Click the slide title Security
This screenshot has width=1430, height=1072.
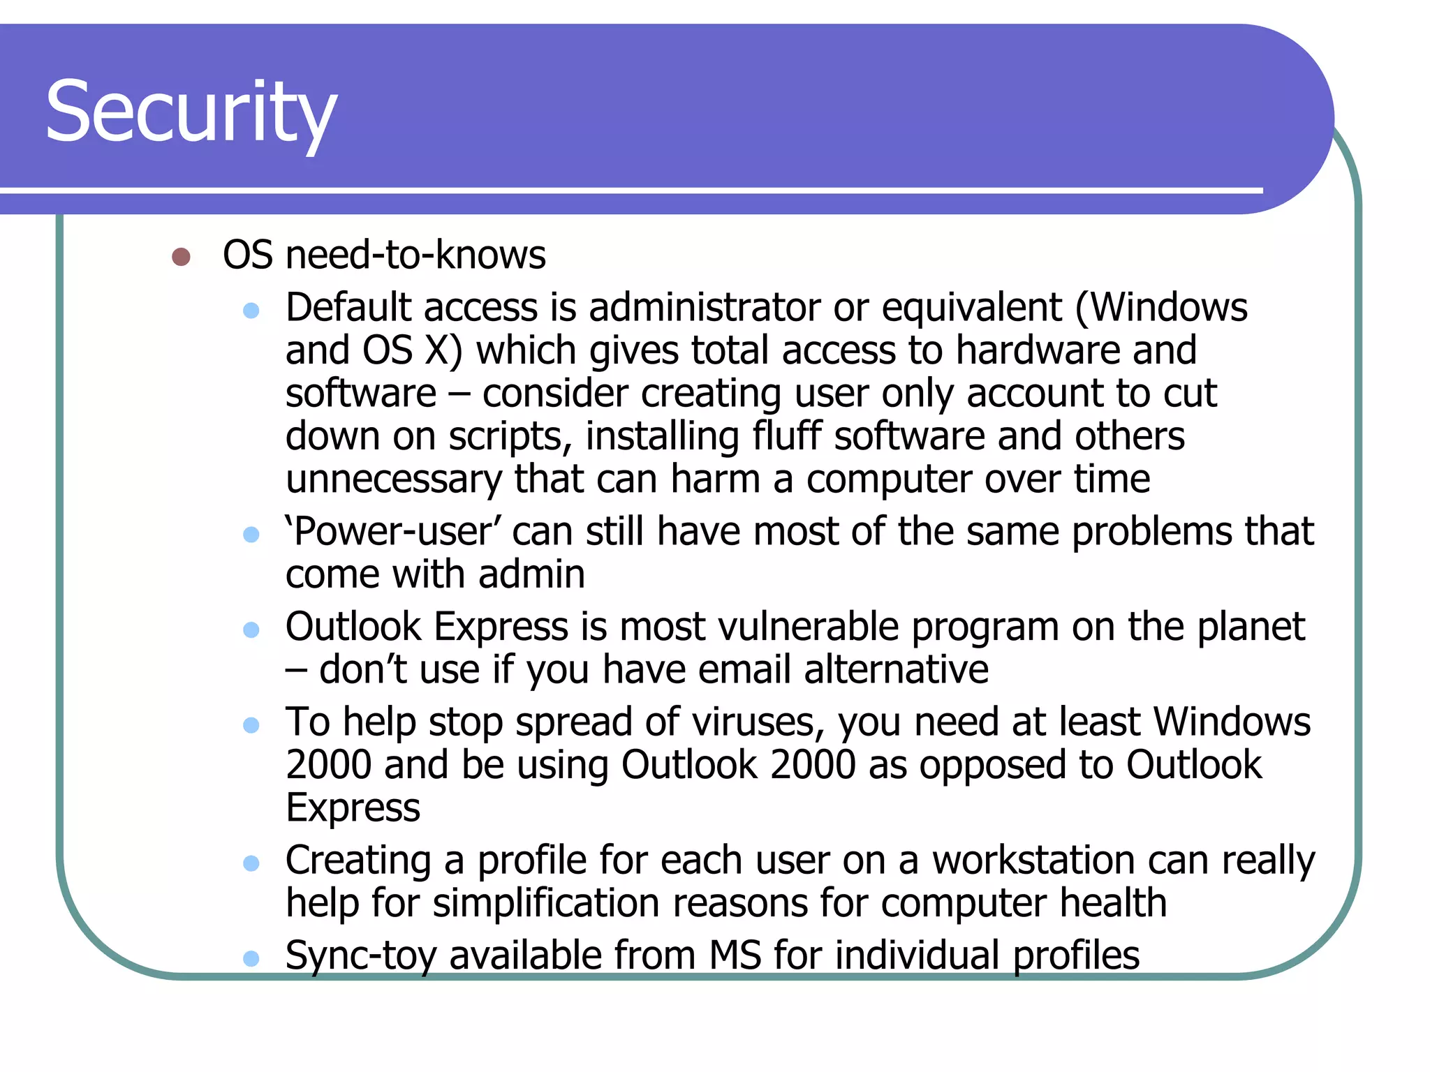[x=191, y=112]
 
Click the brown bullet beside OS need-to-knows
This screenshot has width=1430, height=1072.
[x=181, y=257]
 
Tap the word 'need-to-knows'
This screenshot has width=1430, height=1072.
[x=415, y=255]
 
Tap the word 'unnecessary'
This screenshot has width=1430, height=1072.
[x=394, y=479]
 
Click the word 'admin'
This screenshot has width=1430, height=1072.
[x=531, y=574]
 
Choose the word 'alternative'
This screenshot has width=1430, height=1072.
[x=896, y=670]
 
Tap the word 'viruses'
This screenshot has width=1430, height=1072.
[x=758, y=722]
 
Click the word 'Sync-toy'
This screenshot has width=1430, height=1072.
[x=361, y=956]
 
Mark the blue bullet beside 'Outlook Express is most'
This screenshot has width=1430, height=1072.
[x=251, y=630]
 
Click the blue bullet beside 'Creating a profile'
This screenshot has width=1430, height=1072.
[x=251, y=864]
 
